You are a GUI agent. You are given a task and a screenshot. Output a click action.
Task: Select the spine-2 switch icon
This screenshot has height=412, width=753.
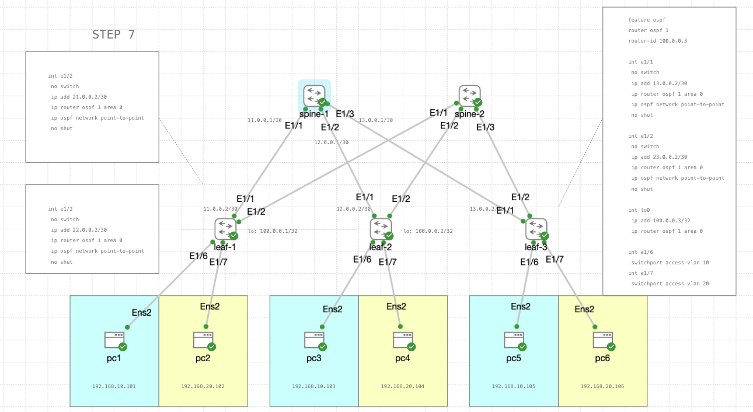469,96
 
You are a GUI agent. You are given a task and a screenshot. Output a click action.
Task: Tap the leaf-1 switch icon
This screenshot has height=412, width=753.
225,229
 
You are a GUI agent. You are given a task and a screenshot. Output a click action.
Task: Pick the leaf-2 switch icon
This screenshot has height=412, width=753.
381,229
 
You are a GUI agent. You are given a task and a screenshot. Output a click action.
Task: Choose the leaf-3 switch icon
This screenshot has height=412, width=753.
536,229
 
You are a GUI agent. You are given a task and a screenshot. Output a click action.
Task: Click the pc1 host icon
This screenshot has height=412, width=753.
114,340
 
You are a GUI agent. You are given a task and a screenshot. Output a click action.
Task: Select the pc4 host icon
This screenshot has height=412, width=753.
403,340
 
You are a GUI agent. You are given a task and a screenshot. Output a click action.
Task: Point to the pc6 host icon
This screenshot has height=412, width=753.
602,340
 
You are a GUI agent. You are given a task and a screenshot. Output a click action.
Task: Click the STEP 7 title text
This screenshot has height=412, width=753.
113,35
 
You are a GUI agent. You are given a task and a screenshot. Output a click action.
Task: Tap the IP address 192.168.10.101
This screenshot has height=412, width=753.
114,386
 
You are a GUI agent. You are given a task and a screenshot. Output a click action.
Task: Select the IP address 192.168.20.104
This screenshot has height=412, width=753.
402,386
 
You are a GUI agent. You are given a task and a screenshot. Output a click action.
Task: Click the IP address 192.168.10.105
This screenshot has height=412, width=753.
513,386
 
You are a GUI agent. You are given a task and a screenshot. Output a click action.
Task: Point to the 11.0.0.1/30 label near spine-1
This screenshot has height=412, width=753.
264,121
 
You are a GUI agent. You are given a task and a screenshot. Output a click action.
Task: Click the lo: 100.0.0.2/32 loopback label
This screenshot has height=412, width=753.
428,231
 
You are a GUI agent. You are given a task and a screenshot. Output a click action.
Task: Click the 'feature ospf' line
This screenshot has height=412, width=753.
647,20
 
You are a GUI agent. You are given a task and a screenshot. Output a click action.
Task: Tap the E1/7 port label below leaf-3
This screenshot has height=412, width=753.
555,259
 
